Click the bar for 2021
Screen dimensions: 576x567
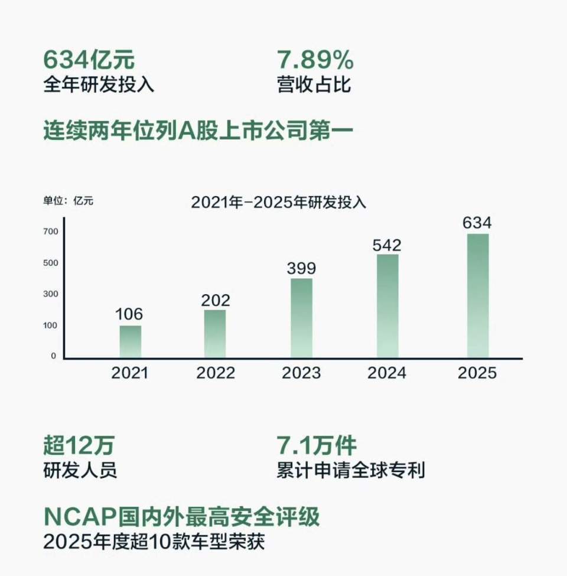tap(131, 341)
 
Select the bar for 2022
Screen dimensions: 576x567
tap(215, 334)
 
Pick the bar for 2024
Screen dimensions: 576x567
tap(387, 306)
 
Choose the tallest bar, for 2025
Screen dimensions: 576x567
tap(478, 295)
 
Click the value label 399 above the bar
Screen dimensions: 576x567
tap(301, 268)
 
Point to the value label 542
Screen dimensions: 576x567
tap(387, 245)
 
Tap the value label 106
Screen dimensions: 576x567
tap(130, 314)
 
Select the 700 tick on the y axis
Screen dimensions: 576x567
tap(50, 232)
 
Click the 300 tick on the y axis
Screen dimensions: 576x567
tap(50, 294)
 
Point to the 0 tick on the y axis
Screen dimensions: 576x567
tap(53, 356)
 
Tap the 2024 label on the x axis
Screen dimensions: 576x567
tap(387, 373)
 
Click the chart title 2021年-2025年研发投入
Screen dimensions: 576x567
tap(279, 202)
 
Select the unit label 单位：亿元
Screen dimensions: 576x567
tap(68, 201)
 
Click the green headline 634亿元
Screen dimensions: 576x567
tap(89, 60)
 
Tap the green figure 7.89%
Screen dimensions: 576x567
tap(315, 60)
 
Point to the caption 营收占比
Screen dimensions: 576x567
tap(314, 84)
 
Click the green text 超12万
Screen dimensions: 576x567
tap(79, 445)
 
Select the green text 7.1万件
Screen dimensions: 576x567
tap(317, 445)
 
